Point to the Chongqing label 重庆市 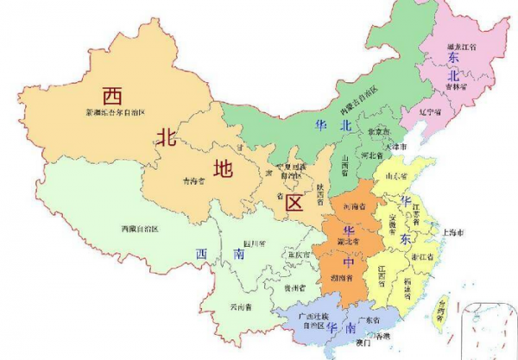coord(299,256)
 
